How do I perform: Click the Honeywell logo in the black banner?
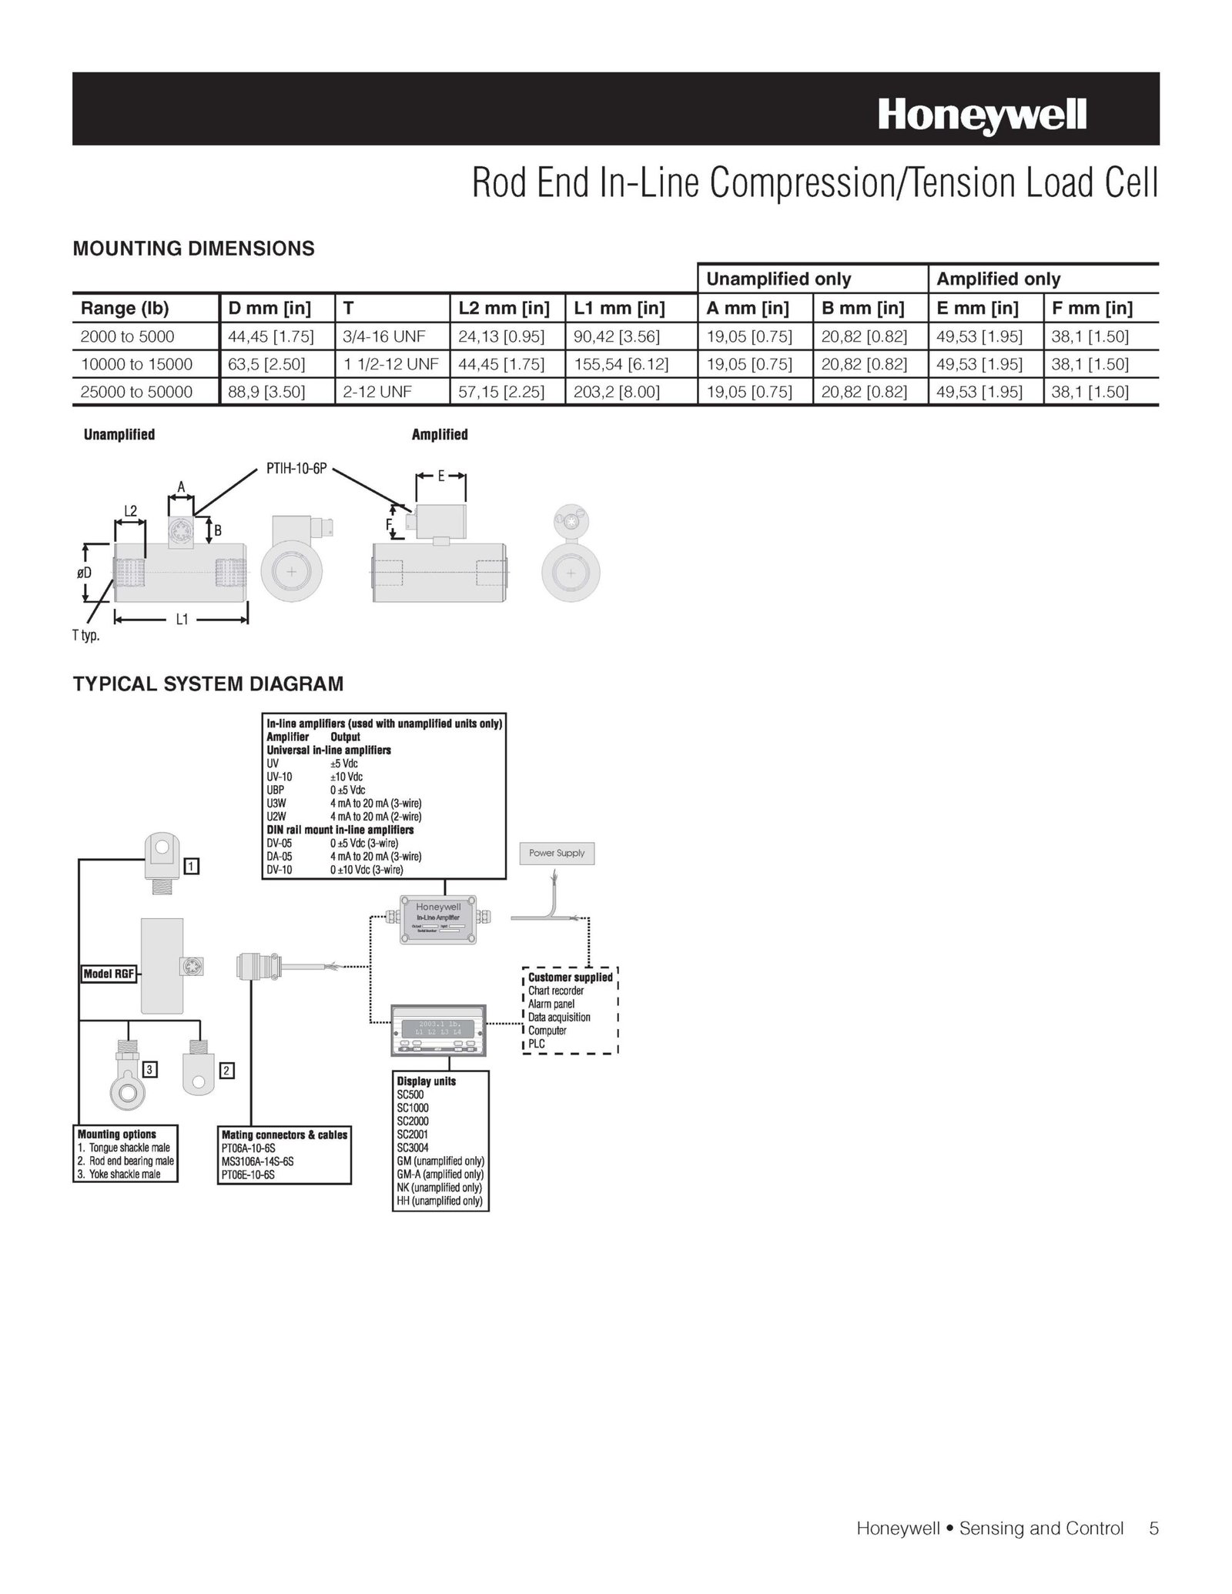[982, 116]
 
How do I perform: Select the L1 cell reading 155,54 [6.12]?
[621, 364]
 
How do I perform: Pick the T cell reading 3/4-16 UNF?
[384, 336]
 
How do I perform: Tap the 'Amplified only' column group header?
[998, 279]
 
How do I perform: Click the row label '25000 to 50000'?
[136, 392]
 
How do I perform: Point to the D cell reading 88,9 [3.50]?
[266, 392]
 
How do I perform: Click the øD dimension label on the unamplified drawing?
[84, 573]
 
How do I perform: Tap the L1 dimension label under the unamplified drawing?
[182, 619]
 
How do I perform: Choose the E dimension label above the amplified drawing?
[441, 476]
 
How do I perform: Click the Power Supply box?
[557, 853]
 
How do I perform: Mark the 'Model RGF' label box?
[109, 974]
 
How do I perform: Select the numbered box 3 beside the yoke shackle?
[151, 1069]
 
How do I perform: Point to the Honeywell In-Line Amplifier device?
[439, 918]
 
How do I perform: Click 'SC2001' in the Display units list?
[413, 1134]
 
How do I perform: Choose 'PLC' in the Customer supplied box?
[537, 1044]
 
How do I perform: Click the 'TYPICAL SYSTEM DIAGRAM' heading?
[208, 683]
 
